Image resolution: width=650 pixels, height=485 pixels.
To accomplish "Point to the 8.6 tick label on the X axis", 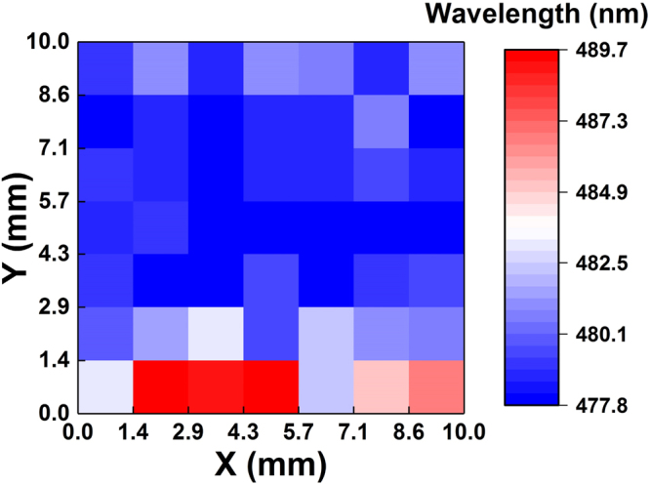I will click(408, 430).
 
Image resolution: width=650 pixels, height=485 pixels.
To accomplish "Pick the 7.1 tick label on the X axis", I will click(353, 430).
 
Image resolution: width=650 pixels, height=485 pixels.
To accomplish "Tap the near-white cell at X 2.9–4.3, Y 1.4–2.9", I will click(216, 334).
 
